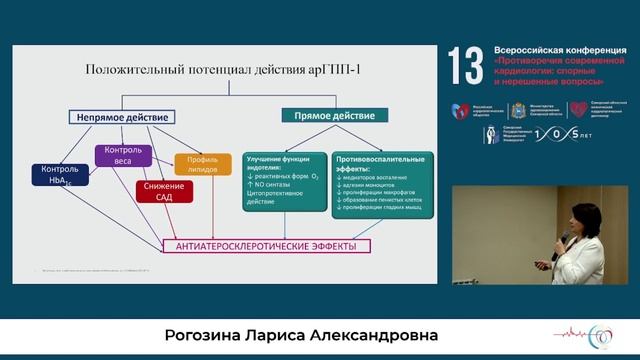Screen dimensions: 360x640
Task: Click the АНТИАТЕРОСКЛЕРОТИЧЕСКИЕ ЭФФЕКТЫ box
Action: [265, 245]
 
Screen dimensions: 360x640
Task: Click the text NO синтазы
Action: [273, 187]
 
